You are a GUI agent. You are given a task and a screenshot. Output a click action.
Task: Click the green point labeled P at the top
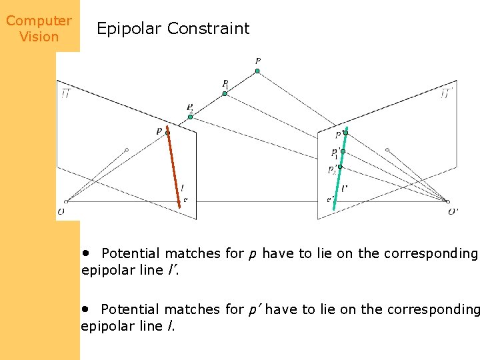(257, 71)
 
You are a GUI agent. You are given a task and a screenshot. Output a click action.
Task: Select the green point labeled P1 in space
(225, 93)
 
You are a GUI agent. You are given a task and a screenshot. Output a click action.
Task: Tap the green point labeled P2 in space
(190, 117)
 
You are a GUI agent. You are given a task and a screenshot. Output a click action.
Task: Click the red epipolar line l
(174, 167)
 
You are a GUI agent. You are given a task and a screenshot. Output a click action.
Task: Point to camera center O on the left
(65, 201)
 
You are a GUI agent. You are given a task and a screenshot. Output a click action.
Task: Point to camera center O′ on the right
(448, 202)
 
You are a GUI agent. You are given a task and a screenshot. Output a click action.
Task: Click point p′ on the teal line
(345, 133)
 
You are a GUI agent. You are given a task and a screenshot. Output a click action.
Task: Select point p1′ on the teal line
(342, 151)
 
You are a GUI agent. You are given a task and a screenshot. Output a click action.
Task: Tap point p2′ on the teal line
(339, 167)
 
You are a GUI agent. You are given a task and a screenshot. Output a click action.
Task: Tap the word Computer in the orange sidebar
(39, 21)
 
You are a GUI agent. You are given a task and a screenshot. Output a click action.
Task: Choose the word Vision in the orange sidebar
(39, 37)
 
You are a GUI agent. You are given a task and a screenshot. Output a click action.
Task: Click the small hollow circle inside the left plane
(127, 150)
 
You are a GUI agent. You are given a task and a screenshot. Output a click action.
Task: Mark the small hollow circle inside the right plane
(387, 150)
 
